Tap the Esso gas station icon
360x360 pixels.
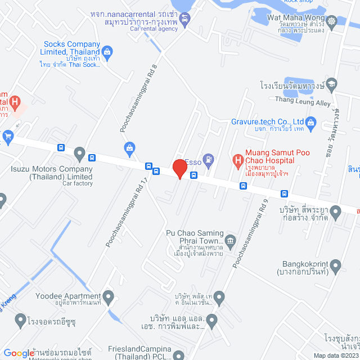pyautogui.click(x=209, y=159)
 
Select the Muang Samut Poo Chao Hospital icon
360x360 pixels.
pyautogui.click(x=237, y=159)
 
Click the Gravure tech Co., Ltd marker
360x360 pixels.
pyautogui.click(x=312, y=121)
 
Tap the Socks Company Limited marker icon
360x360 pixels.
pyautogui.click(x=108, y=52)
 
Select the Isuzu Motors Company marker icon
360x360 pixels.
pyautogui.click(x=79, y=152)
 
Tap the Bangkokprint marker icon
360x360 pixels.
pyautogui.click(x=336, y=264)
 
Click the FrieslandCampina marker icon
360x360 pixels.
pyautogui.click(x=178, y=355)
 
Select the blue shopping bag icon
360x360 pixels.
pyautogui.click(x=130, y=147)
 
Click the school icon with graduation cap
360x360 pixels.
pyautogui.click(x=332, y=84)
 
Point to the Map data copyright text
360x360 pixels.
pyautogui.click(x=336, y=355)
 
